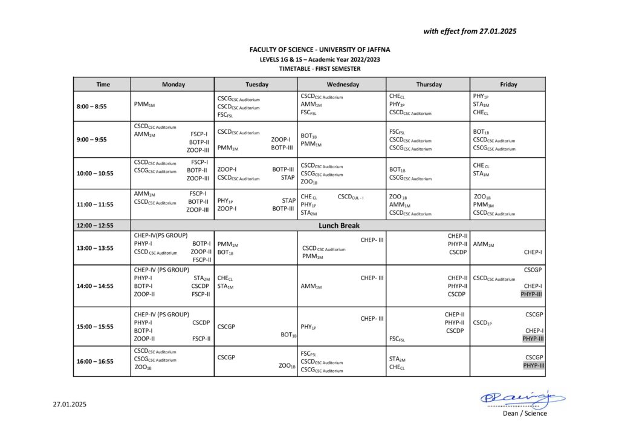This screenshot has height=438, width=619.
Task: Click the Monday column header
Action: point(173,85)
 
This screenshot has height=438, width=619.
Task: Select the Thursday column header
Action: point(429,85)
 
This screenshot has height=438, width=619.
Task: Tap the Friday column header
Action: point(508,85)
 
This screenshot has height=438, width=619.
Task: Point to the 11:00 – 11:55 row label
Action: point(96,204)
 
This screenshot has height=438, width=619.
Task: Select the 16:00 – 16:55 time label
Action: point(96,361)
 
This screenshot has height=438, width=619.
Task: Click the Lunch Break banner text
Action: point(339,226)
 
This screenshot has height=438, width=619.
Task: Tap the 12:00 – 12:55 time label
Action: point(96,226)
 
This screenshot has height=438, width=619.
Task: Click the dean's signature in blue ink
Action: point(522,397)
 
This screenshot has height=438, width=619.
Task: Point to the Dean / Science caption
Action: point(525,414)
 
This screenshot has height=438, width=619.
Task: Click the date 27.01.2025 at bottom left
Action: point(70,404)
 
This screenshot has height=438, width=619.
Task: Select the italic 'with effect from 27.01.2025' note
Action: point(470,31)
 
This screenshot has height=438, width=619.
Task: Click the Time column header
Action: point(103,85)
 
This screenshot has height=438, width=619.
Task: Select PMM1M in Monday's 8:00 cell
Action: point(144,105)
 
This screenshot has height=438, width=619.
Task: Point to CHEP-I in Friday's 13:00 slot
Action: point(533,252)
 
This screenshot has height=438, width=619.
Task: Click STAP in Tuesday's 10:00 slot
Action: point(288,178)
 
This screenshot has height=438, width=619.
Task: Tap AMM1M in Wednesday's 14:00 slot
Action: point(311,287)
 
